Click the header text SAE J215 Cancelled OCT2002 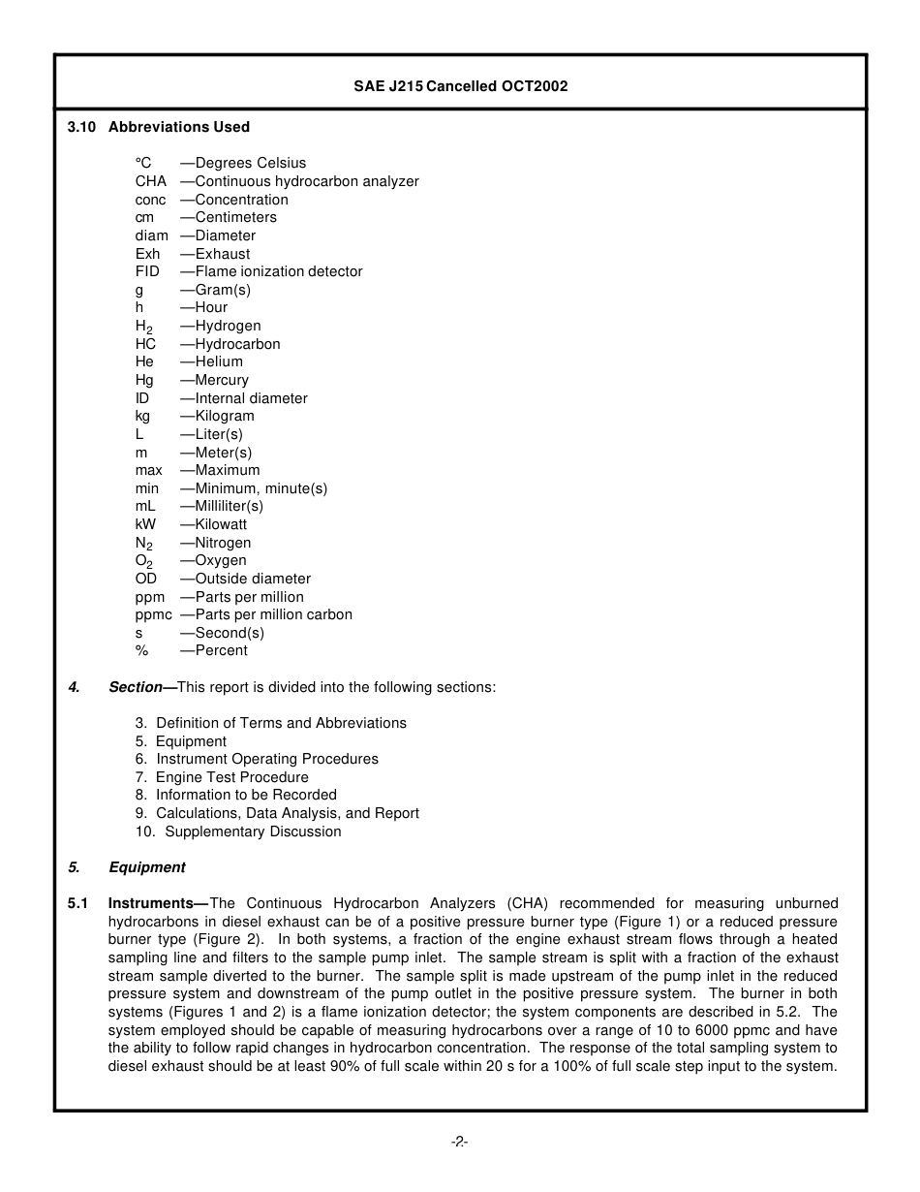[x=460, y=86]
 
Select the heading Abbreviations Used [x=178, y=127]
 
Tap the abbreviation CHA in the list [x=151, y=181]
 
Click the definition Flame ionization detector [x=278, y=271]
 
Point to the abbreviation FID [x=147, y=271]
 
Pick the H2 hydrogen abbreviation [x=144, y=327]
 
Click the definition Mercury [x=221, y=380]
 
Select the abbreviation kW [x=145, y=524]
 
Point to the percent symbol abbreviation [x=141, y=650]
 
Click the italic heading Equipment [x=146, y=867]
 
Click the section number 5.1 [x=78, y=903]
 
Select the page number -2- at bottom [x=460, y=1143]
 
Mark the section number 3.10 [x=82, y=127]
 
